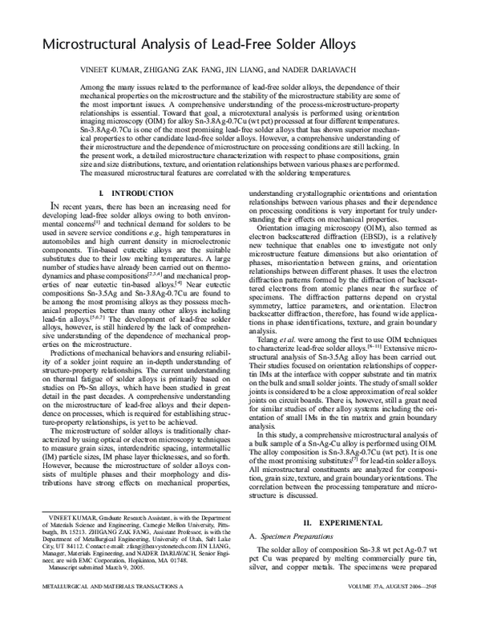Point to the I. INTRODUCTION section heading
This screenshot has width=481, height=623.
[127, 193]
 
